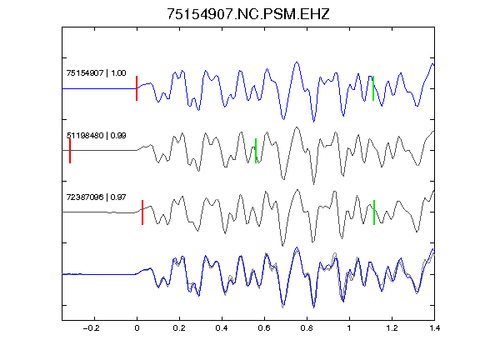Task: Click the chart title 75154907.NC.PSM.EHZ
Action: click(248, 14)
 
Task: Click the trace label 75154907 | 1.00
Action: click(96, 73)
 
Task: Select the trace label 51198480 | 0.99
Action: click(96, 135)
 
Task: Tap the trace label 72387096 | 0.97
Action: click(96, 197)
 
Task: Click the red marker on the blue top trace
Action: click(137, 88)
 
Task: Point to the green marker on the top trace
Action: click(373, 88)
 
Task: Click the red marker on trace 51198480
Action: click(70, 151)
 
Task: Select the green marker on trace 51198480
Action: click(256, 151)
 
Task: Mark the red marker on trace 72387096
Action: click(142, 212)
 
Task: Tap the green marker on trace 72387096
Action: click(374, 212)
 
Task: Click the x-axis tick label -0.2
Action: click(92, 328)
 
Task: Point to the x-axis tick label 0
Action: click(137, 328)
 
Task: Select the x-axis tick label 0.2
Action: click(179, 328)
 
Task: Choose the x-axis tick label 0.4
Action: click(222, 328)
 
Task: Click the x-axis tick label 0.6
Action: click(264, 328)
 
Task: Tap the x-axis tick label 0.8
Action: click(307, 328)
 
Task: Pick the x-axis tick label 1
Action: click(349, 328)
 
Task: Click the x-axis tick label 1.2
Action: click(392, 328)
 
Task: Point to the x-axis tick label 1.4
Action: click(434, 328)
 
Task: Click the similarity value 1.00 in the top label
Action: click(118, 73)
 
